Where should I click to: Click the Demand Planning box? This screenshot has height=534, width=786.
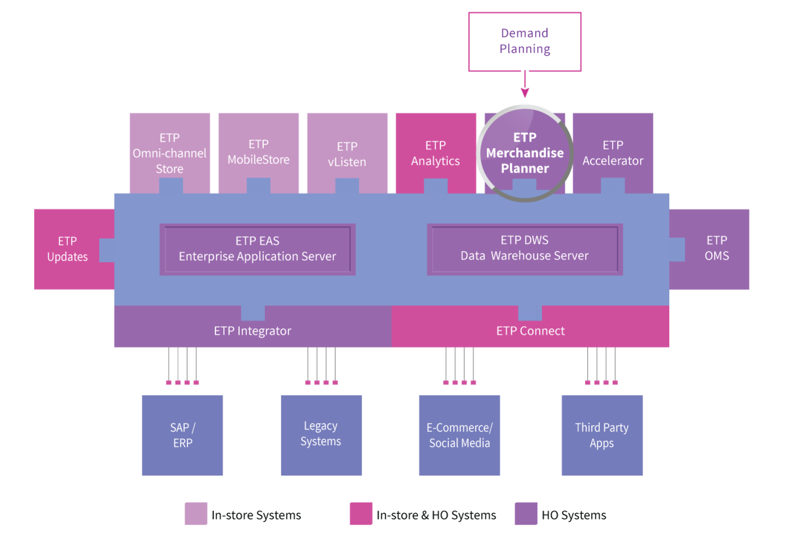click(524, 42)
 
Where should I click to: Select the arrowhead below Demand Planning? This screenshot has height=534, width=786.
click(524, 93)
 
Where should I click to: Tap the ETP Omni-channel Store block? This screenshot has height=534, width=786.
click(170, 153)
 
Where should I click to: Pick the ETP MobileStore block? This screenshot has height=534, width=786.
click(259, 153)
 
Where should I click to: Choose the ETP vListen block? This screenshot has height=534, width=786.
click(348, 153)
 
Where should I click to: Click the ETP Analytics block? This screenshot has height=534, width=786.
click(436, 153)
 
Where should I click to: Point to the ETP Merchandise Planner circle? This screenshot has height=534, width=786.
click(524, 153)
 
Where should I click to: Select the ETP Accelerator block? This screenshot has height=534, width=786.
click(613, 153)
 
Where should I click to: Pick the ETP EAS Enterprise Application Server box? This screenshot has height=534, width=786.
click(258, 249)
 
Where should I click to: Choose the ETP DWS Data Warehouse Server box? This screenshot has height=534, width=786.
click(524, 249)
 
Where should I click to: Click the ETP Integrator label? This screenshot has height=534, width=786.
click(253, 331)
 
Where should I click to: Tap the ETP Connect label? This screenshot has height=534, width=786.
click(531, 331)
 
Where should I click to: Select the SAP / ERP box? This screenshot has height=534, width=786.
click(182, 435)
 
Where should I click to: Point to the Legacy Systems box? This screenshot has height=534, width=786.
click(321, 435)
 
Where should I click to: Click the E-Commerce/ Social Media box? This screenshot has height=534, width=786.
click(459, 435)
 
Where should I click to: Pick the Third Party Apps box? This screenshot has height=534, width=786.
click(602, 435)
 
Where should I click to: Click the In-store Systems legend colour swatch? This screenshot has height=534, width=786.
click(196, 514)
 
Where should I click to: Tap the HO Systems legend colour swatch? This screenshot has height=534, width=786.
click(526, 514)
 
